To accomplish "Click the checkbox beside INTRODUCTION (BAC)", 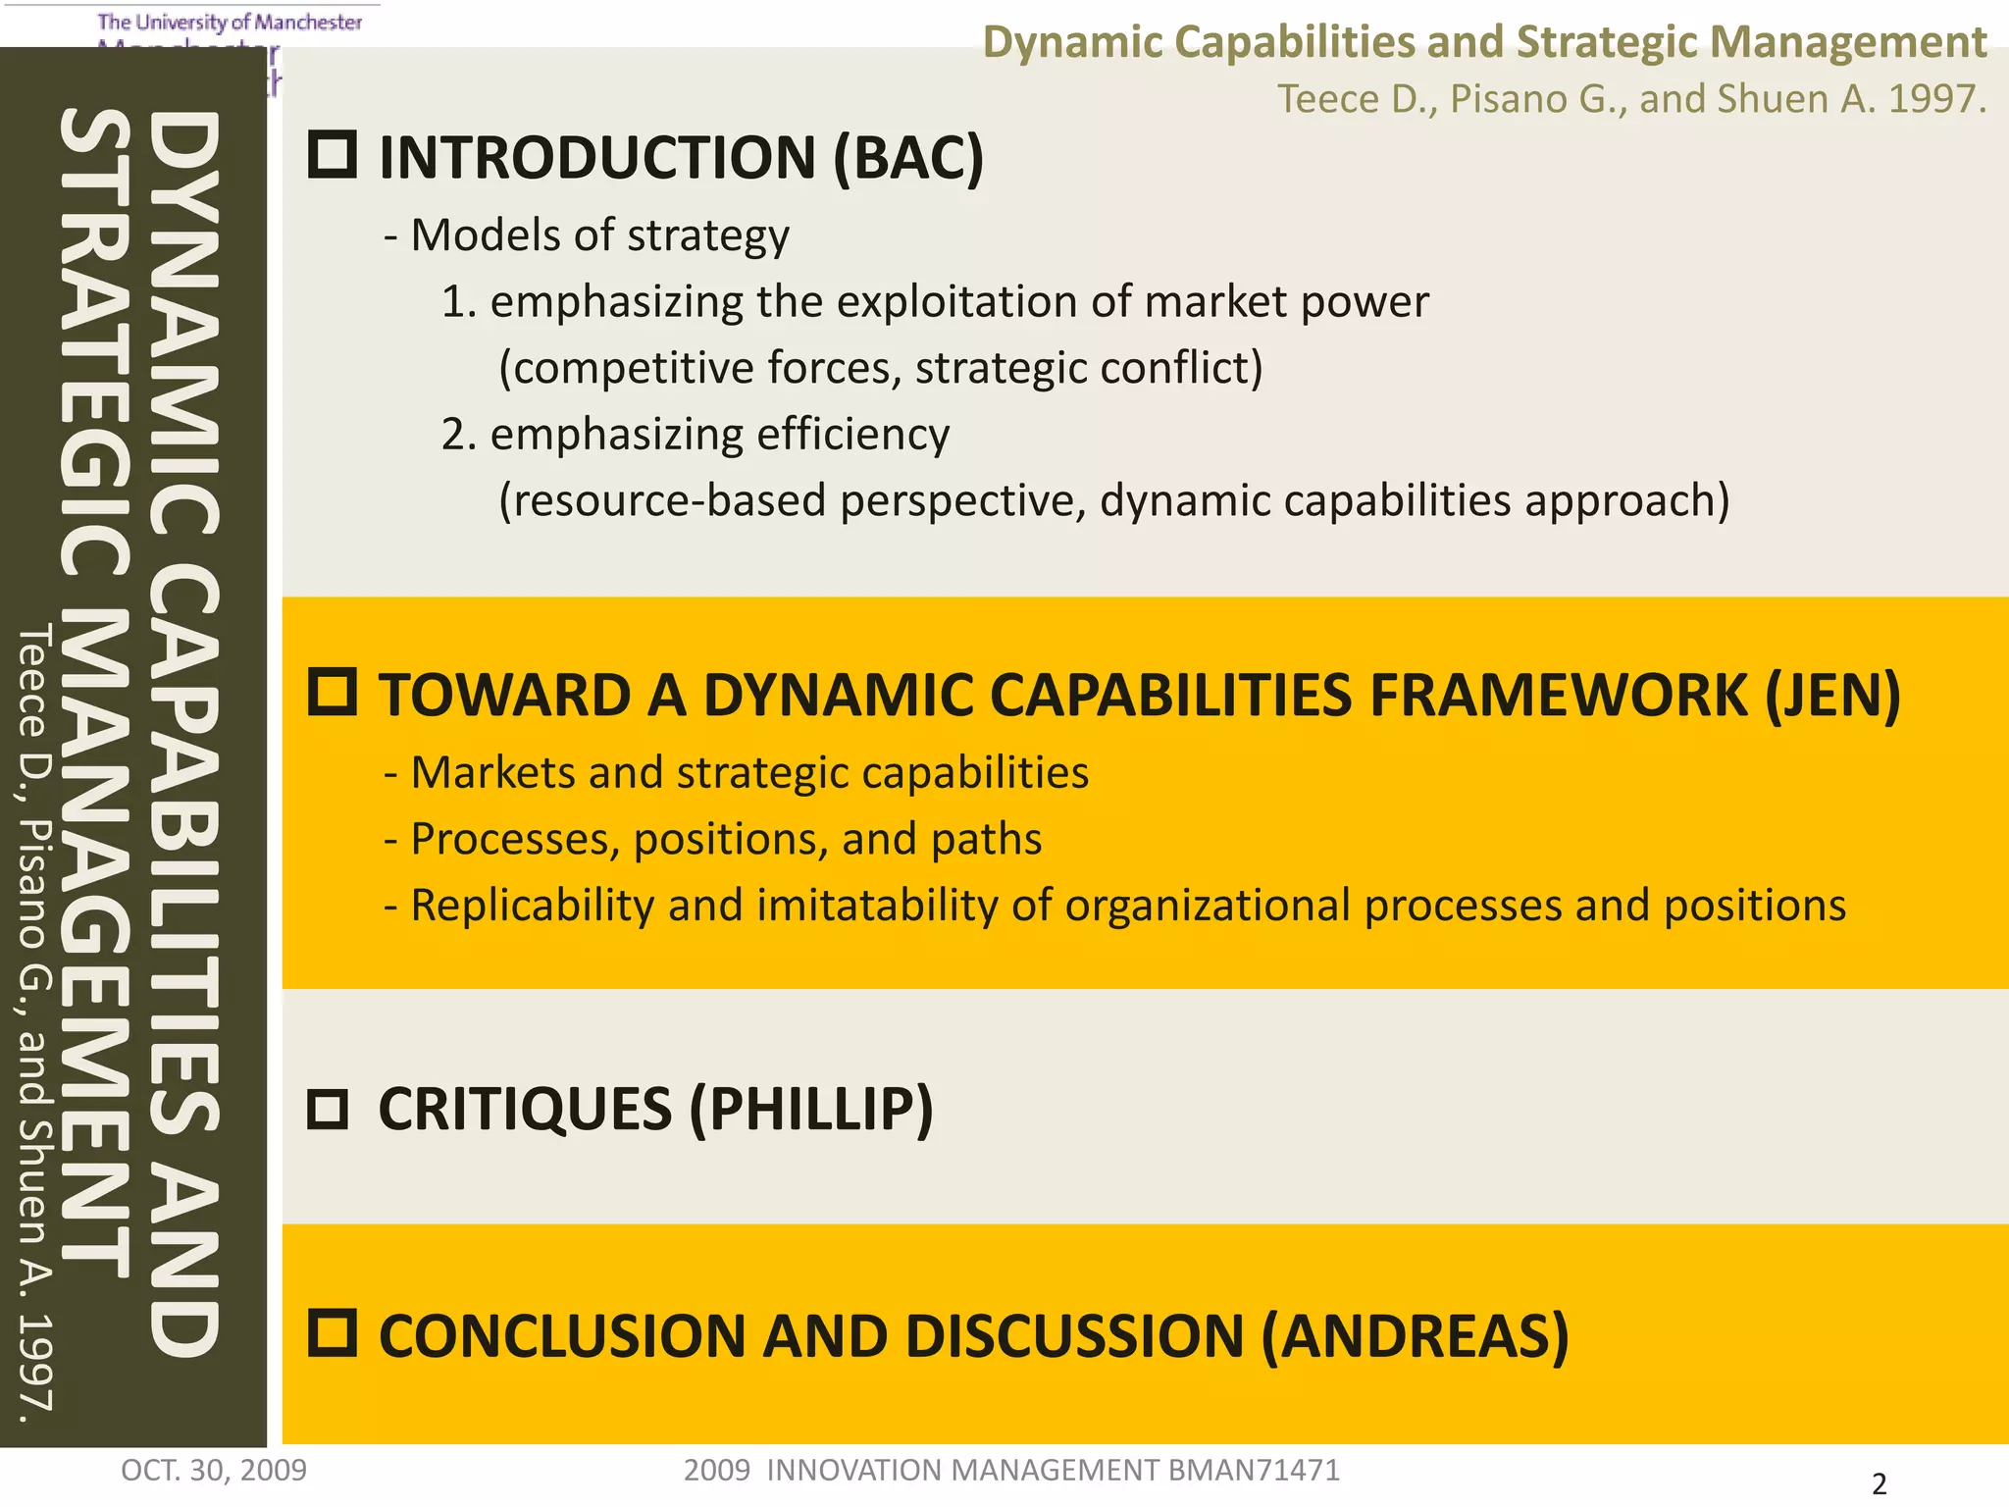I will (x=332, y=155).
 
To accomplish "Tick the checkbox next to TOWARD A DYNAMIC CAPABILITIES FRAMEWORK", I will (x=332, y=692).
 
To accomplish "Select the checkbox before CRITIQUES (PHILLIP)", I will (x=327, y=1110).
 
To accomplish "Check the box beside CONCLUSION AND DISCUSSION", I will (x=332, y=1333).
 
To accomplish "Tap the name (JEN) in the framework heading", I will (x=1832, y=695).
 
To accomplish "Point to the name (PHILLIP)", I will (x=811, y=1110).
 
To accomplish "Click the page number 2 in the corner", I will (x=1879, y=1483).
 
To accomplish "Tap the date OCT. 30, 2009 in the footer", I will (x=214, y=1470).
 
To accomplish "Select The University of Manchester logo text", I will (x=230, y=22).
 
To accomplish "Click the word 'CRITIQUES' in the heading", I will (x=525, y=1110).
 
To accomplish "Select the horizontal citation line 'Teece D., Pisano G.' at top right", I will (x=1630, y=98).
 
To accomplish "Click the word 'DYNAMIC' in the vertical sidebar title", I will (x=183, y=324).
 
